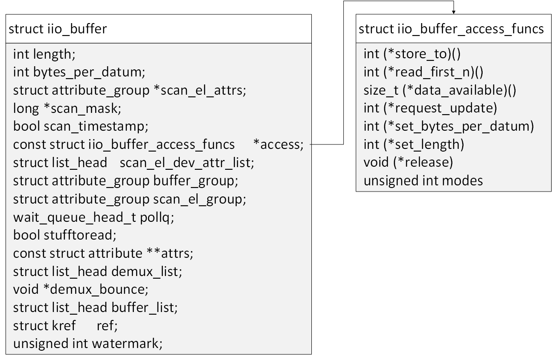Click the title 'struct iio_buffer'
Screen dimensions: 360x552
[58, 29]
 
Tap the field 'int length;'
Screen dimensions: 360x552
[44, 54]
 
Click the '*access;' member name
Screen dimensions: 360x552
[278, 144]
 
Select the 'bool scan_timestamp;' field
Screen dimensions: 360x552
[81, 126]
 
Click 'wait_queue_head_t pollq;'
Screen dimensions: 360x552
[93, 217]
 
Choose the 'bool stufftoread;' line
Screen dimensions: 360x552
[64, 235]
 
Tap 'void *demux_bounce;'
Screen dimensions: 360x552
[80, 289]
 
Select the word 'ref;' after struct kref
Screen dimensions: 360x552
[107, 325]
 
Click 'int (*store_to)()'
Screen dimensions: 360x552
[412, 54]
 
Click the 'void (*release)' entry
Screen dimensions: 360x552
[408, 162]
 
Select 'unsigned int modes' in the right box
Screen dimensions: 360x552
[423, 180]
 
